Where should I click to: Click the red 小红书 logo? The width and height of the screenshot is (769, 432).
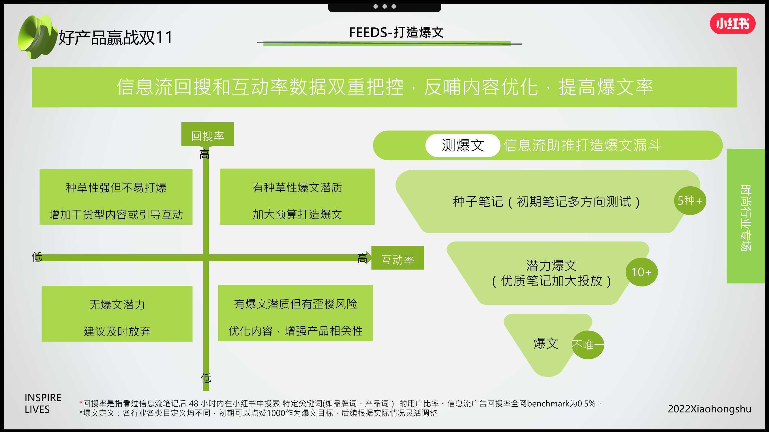pos(733,24)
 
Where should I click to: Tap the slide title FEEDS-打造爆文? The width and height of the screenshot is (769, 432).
pos(396,32)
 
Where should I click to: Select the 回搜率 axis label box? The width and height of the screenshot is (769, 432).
pos(207,134)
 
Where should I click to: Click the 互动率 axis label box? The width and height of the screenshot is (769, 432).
pos(398,257)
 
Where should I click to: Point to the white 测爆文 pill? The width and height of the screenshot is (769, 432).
pos(462,145)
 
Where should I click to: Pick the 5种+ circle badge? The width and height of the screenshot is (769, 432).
pos(690,201)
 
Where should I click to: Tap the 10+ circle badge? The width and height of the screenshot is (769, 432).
pos(642,272)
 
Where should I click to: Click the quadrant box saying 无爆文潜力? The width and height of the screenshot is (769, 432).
pos(117,314)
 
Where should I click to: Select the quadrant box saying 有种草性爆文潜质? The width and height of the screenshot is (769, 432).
pos(297,196)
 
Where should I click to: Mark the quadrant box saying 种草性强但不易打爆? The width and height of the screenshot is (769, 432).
pos(116,197)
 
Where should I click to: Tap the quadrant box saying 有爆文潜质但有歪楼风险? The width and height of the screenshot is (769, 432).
pos(295,313)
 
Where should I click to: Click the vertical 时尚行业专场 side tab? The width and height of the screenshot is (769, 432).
pos(746,216)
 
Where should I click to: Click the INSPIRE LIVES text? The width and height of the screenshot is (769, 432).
pos(43,403)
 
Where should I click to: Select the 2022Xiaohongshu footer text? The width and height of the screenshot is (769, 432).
pos(709,409)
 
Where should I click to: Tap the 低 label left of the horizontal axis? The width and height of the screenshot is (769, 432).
pos(37,257)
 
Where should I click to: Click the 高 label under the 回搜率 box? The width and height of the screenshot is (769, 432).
pos(205,154)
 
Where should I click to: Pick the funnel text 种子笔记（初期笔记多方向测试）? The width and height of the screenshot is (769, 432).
pos(546,202)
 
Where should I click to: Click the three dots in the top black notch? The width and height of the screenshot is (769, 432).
pos(384,6)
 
